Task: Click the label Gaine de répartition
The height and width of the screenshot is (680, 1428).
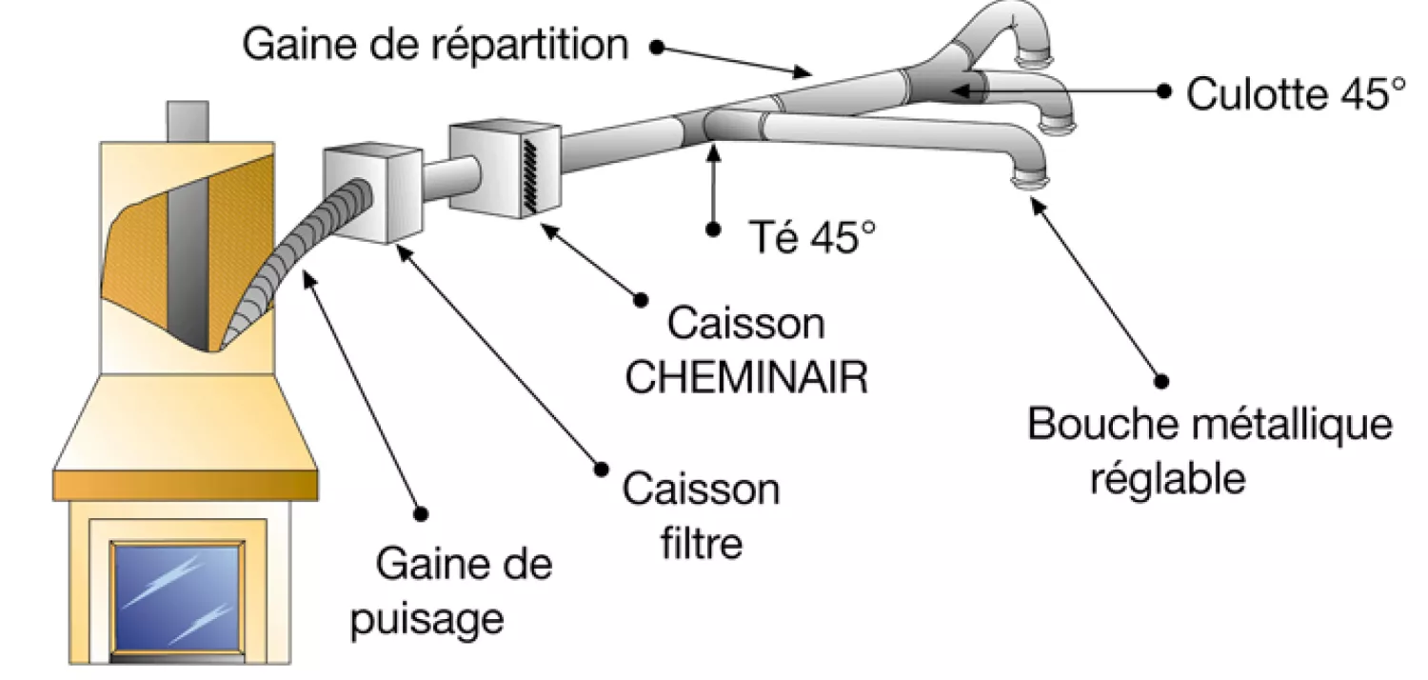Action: click(435, 46)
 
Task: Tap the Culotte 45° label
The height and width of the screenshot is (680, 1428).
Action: click(1296, 94)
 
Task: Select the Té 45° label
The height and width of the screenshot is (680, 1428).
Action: click(812, 236)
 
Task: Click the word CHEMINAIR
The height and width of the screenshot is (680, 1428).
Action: click(746, 377)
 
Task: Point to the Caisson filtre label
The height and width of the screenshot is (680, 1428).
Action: click(702, 516)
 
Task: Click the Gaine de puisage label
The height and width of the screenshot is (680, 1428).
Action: click(451, 591)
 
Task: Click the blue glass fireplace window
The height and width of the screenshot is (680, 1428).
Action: click(177, 597)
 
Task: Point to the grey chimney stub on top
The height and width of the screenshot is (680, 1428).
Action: click(188, 121)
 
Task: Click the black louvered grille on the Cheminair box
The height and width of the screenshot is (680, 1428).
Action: click(529, 175)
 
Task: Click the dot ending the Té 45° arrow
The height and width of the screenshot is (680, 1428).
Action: click(713, 229)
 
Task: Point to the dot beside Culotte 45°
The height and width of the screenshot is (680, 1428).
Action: click(1164, 91)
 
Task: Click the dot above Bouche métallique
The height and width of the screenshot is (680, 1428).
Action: click(1161, 382)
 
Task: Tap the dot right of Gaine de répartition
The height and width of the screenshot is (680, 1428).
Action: click(657, 47)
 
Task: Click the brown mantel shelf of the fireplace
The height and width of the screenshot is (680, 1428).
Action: click(186, 485)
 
